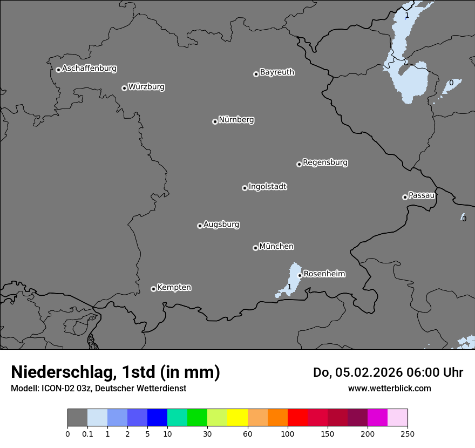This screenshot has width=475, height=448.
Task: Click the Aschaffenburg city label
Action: (x=89, y=69)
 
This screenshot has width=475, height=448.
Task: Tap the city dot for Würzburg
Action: (x=124, y=88)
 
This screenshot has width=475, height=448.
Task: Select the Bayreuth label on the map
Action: (x=277, y=72)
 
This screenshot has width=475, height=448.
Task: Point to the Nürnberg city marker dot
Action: (x=215, y=121)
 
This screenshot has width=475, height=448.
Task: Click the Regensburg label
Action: (x=325, y=162)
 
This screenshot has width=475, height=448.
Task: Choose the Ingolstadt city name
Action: (x=267, y=187)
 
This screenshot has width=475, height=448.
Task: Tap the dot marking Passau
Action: (x=405, y=197)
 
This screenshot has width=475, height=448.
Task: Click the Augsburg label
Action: (x=221, y=225)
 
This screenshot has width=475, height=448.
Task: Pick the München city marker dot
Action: (x=255, y=248)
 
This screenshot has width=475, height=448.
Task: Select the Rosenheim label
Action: (x=324, y=274)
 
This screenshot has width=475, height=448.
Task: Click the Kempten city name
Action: (x=174, y=288)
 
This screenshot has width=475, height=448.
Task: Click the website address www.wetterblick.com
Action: (x=389, y=388)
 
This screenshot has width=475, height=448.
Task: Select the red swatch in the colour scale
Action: (x=297, y=418)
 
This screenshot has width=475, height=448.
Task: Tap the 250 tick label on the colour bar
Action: (x=407, y=434)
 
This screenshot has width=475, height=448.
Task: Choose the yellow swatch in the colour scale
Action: (x=237, y=418)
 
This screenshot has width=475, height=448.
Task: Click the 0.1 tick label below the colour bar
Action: (x=87, y=434)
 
